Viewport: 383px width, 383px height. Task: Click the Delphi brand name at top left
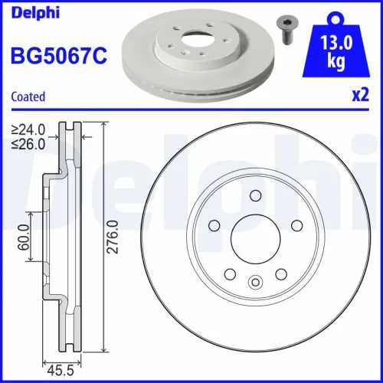tap(27, 11)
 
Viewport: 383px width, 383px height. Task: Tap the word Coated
tap(28, 97)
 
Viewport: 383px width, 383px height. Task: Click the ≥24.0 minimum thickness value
tap(28, 129)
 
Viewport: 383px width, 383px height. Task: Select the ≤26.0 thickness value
tap(28, 142)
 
